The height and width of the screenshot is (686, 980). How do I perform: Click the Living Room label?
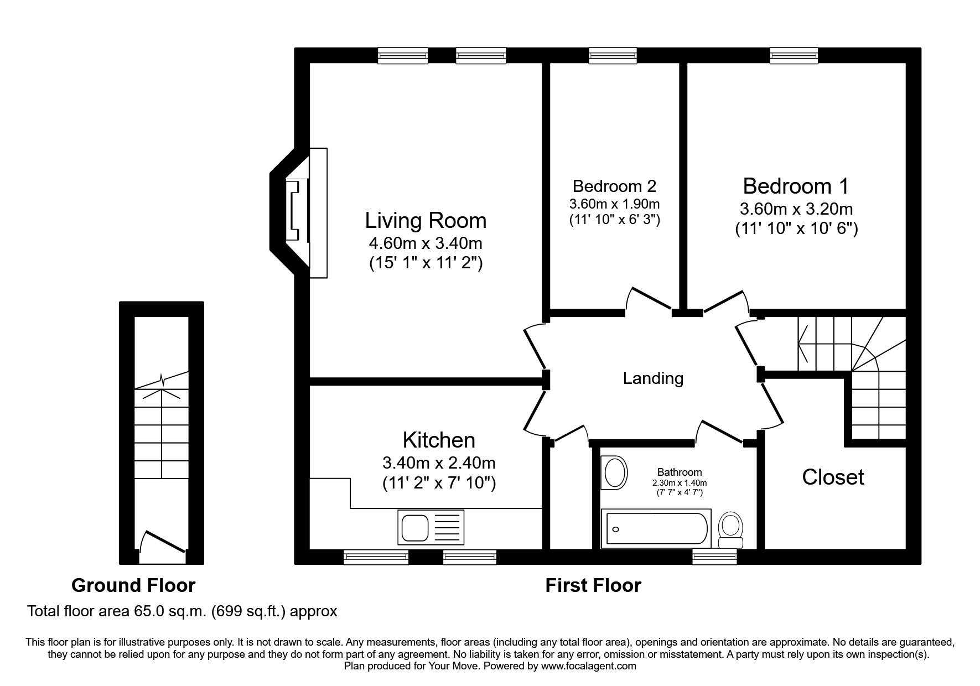tap(426, 221)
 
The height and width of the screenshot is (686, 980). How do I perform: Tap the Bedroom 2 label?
tap(614, 186)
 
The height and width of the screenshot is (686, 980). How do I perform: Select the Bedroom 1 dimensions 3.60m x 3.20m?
tap(796, 210)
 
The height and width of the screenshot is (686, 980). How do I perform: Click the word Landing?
tap(653, 378)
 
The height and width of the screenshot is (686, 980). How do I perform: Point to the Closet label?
tap(833, 477)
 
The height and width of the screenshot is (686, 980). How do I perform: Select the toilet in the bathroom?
tap(730, 527)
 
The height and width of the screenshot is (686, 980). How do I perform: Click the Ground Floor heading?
tap(133, 585)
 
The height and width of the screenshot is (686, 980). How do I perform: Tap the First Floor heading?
tap(593, 585)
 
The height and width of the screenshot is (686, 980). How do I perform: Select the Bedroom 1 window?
tap(794, 55)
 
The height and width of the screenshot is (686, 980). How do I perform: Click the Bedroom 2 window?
tap(612, 55)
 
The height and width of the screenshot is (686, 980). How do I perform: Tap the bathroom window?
tap(714, 557)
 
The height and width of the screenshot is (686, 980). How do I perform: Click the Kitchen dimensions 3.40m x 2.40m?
tap(439, 462)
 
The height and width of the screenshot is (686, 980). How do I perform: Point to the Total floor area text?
tap(182, 611)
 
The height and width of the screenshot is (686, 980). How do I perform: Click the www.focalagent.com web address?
tap(588, 666)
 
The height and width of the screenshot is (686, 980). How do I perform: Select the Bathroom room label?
tap(680, 472)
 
